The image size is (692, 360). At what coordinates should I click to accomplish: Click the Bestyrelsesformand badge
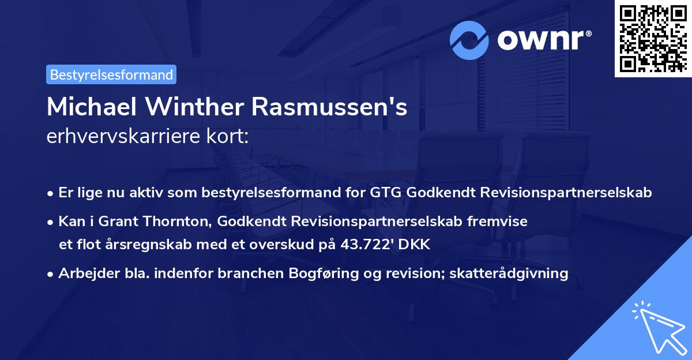point(111,74)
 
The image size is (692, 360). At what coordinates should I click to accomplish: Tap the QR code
point(652,38)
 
